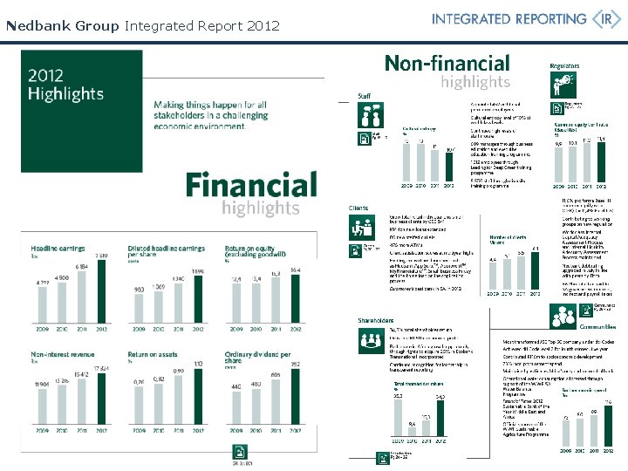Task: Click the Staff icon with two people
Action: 365,115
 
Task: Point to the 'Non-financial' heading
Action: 447,63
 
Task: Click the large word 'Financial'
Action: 251,185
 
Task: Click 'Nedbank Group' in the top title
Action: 62,26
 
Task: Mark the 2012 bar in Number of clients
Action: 536,273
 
